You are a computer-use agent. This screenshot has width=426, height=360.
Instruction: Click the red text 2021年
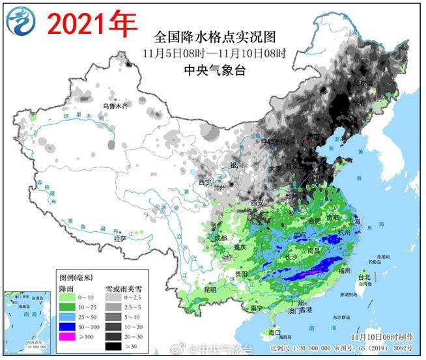click(91, 24)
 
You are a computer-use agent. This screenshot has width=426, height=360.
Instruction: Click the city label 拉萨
click(120, 238)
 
